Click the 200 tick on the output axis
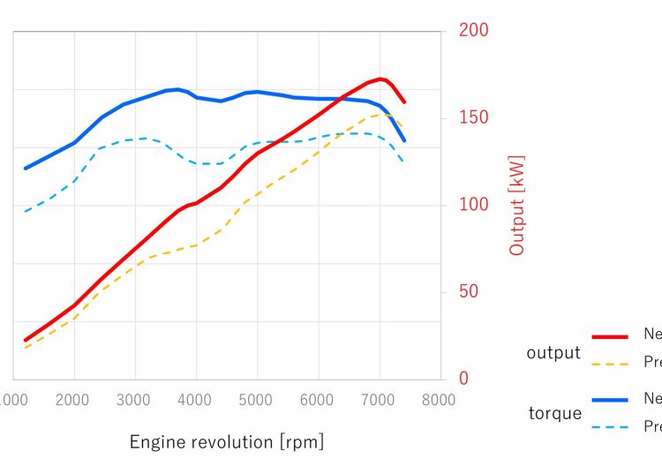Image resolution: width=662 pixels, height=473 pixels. click(x=473, y=31)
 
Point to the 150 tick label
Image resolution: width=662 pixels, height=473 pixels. click(x=473, y=118)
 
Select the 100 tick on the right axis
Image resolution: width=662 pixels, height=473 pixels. click(x=473, y=205)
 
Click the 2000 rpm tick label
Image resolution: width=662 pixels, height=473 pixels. click(x=74, y=400)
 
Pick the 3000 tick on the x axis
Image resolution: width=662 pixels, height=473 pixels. click(x=135, y=400)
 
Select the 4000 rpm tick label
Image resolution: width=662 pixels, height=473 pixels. click(x=196, y=400)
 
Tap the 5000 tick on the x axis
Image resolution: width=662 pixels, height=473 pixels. click(x=257, y=400)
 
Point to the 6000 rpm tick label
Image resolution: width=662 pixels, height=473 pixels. click(x=318, y=400)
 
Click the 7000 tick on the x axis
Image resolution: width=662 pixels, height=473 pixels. click(x=379, y=400)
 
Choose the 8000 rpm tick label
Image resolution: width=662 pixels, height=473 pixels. click(x=439, y=400)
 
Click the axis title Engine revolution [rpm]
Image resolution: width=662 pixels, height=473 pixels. click(x=227, y=441)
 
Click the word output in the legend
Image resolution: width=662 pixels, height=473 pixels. click(x=553, y=353)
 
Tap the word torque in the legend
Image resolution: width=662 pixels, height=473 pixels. click(x=554, y=413)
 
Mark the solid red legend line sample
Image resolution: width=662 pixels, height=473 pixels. click(x=610, y=336)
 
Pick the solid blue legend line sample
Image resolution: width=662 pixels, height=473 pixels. click(x=610, y=400)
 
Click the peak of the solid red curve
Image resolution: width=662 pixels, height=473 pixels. click(x=380, y=79)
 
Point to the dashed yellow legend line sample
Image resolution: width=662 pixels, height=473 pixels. click(x=610, y=363)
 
